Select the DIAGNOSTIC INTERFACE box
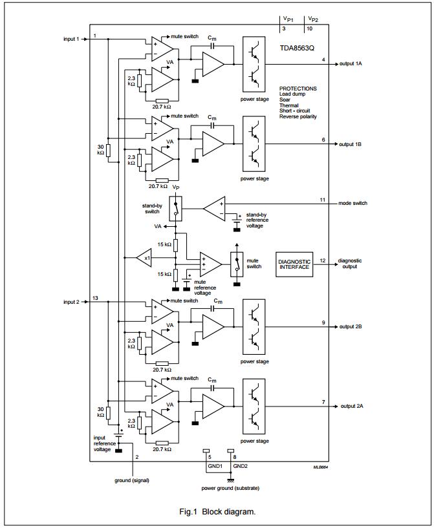coord(294,265)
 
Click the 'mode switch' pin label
coord(353,203)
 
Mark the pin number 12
coord(323,260)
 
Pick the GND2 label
coord(240,465)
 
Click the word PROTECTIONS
coord(298,89)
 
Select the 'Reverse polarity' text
coord(298,116)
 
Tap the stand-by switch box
coord(175,207)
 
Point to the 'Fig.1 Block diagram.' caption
coord(217,511)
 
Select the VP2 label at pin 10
coord(312,19)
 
